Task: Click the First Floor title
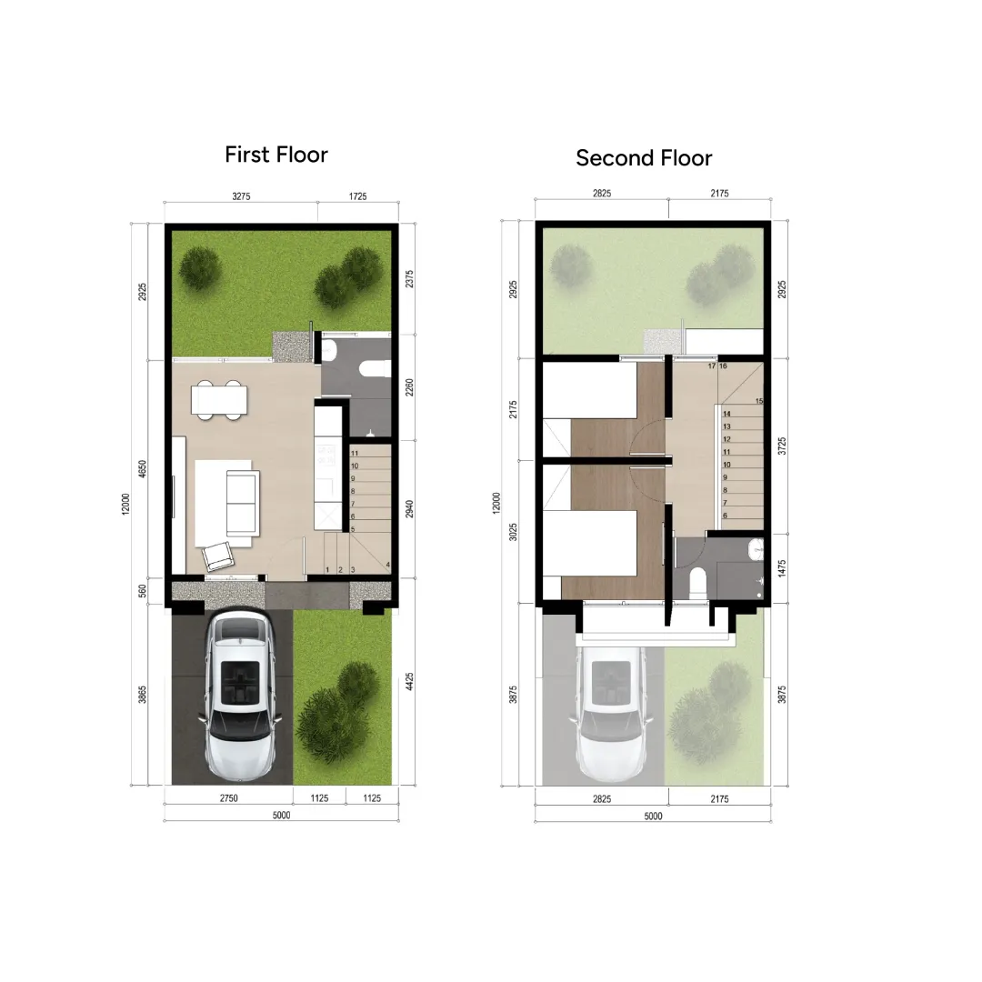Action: [x=276, y=155]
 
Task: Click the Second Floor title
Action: [x=644, y=158]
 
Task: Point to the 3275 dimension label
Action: [x=241, y=195]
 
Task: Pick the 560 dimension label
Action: [x=142, y=591]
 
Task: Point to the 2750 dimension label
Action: [x=228, y=798]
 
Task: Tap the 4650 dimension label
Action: [x=142, y=469]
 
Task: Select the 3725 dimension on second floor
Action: [x=782, y=446]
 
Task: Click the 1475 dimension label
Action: [x=782, y=569]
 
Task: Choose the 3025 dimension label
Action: [x=514, y=531]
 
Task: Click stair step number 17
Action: [x=711, y=366]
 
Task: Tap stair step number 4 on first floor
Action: [x=387, y=566]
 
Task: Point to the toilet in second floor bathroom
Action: [x=697, y=582]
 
